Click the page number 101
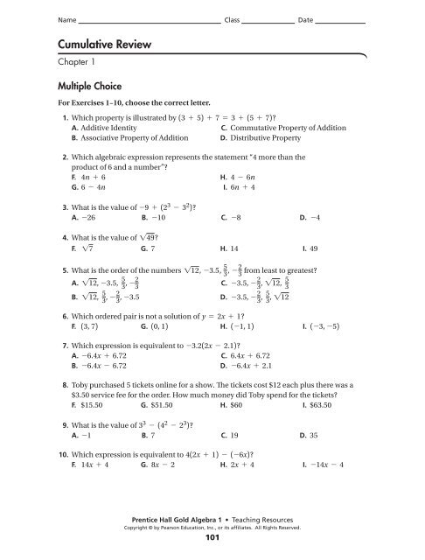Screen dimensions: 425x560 [212, 537]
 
